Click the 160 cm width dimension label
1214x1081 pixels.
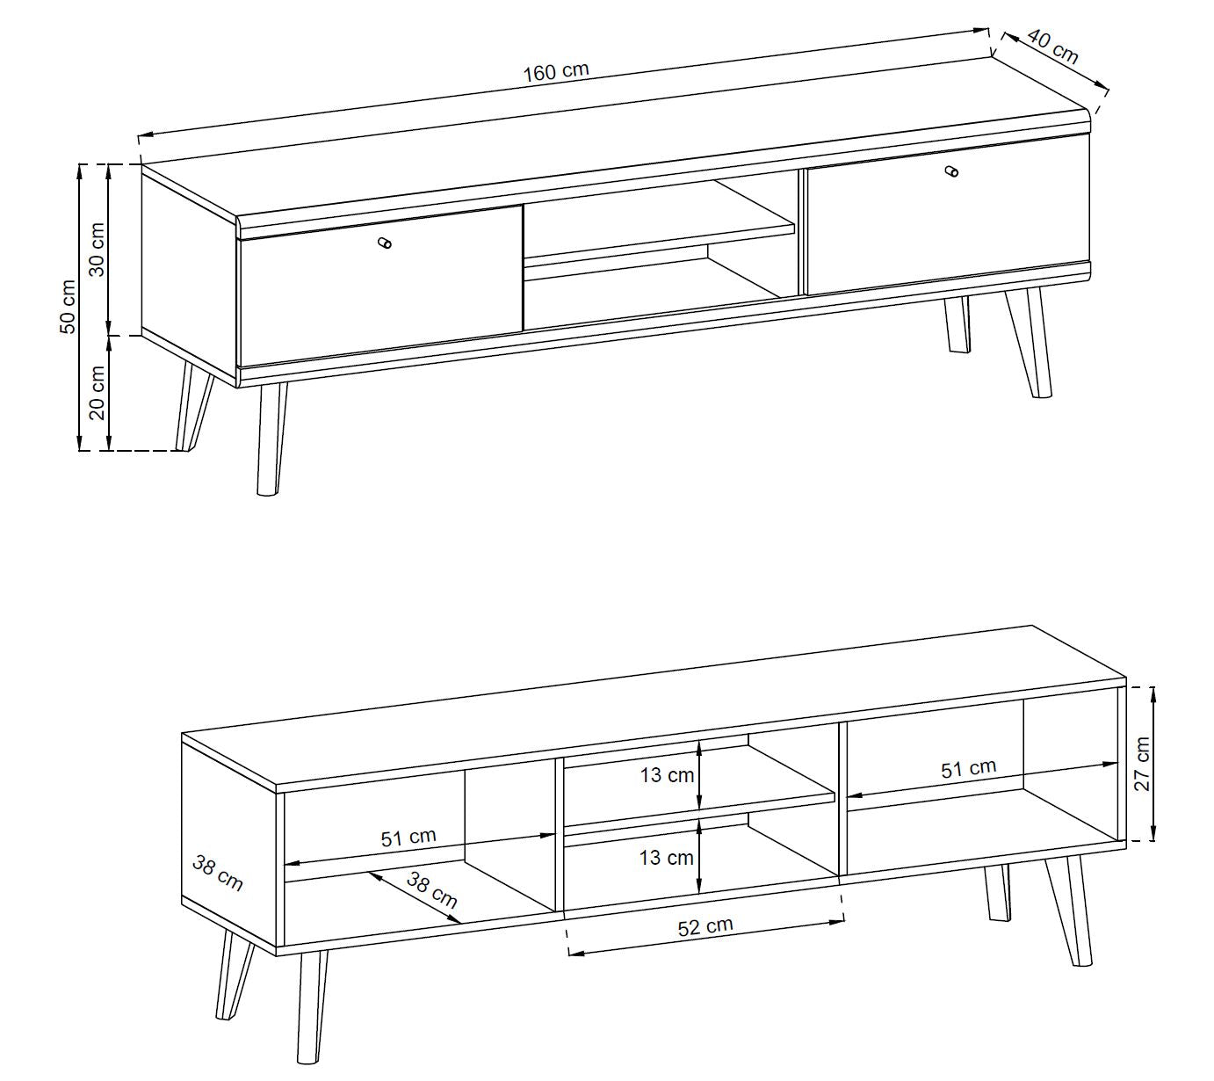(x=556, y=72)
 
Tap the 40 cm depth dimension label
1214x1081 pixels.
(x=1053, y=47)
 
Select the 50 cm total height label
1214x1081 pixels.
(x=69, y=307)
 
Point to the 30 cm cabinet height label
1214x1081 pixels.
(x=98, y=250)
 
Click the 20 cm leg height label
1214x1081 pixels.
(x=98, y=394)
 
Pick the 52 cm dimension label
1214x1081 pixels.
(x=705, y=927)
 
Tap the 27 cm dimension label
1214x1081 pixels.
(x=1142, y=765)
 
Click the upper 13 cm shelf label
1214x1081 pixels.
(x=667, y=775)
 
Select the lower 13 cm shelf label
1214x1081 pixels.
(x=666, y=858)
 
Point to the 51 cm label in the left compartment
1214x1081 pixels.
(x=408, y=838)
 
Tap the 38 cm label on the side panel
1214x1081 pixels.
(x=218, y=874)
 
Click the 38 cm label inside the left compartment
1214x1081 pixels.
(x=432, y=890)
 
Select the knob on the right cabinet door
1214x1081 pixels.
(x=951, y=171)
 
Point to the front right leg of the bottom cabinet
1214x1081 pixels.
(x=1070, y=911)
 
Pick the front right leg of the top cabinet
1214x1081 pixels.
(x=1029, y=343)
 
